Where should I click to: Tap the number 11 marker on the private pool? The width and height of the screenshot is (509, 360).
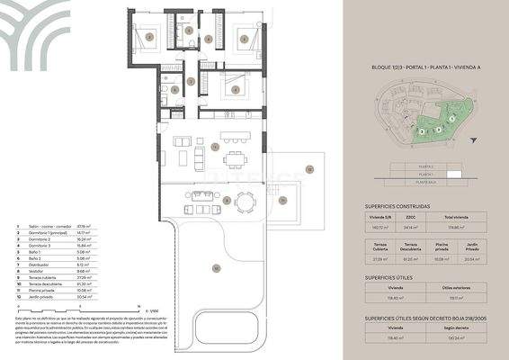tap(308, 168)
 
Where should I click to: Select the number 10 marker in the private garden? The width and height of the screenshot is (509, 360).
tap(215, 267)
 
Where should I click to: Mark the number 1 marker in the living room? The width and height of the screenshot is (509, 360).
tap(214, 146)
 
